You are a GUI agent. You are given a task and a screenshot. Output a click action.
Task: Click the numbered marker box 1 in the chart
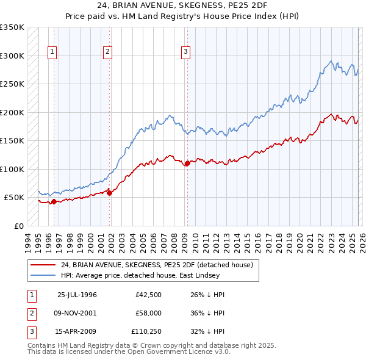coord(53,52)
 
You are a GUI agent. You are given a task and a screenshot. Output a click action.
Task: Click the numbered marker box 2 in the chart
coord(107,52)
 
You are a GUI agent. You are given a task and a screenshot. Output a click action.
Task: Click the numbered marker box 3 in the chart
coord(185,52)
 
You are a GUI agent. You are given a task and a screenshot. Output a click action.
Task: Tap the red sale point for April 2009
coord(187,163)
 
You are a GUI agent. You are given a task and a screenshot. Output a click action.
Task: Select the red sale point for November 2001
coord(110,192)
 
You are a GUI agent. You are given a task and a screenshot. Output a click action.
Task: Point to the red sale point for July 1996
coord(54,201)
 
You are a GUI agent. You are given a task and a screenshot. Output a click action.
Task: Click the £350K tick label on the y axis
coord(12,27)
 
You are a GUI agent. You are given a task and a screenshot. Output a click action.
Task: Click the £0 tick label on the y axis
coord(19,226)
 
